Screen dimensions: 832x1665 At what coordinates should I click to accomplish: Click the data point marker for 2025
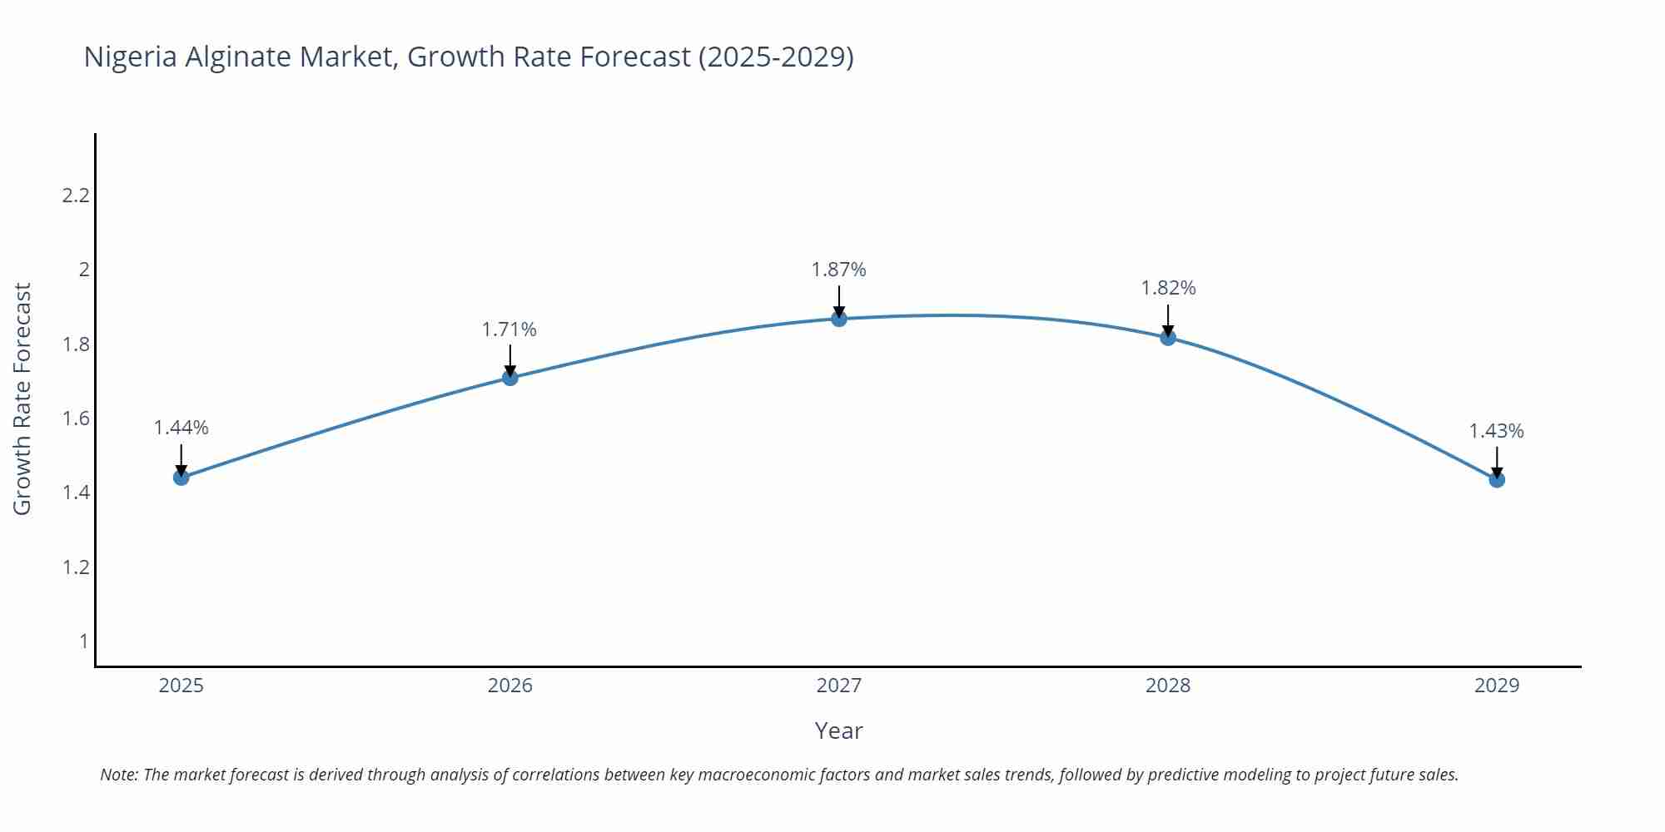coord(181,477)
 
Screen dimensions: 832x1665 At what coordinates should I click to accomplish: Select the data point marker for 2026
coord(510,378)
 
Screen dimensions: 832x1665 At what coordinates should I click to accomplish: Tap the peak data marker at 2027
coord(839,319)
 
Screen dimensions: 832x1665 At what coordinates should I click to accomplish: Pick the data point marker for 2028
coord(1168,337)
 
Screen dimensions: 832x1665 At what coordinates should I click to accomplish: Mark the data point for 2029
coord(1497,479)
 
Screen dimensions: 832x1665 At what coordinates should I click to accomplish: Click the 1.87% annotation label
coord(839,270)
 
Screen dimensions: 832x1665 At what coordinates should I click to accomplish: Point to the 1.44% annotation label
coord(181,428)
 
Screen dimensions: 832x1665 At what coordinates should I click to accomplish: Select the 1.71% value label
coord(509,329)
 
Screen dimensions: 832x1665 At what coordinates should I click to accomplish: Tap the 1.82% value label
coord(1168,288)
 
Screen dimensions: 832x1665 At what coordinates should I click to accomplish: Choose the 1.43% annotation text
coord(1496,431)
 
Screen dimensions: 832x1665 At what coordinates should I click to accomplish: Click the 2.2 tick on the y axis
coord(76,196)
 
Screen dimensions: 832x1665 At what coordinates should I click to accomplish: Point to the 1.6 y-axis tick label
coord(76,418)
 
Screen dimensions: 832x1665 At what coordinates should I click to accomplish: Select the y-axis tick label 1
coord(83,641)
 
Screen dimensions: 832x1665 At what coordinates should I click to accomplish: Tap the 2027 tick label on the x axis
coord(839,686)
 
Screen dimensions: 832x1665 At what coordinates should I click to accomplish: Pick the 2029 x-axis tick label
coord(1497,686)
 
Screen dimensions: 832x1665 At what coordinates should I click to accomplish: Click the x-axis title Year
coord(839,730)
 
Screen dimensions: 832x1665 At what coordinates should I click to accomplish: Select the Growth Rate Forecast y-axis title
coord(22,399)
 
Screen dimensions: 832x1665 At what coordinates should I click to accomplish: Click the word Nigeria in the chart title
coord(130,57)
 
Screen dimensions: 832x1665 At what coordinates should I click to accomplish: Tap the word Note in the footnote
coord(118,775)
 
